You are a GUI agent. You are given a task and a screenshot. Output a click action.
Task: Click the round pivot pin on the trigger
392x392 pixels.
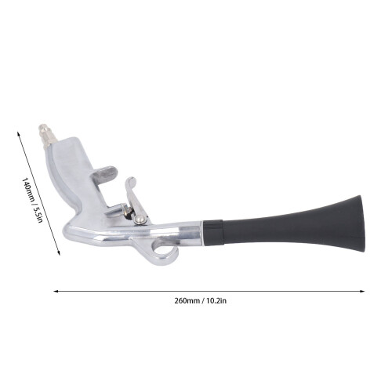tap(140, 219)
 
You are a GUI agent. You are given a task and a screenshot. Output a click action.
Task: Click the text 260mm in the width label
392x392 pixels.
tap(187, 301)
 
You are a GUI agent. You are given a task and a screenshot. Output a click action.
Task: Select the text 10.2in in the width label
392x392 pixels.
tap(216, 301)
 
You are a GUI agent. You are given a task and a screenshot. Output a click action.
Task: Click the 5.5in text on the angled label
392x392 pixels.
tap(38, 215)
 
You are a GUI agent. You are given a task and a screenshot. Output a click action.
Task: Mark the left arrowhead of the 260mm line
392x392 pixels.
tap(56, 291)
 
